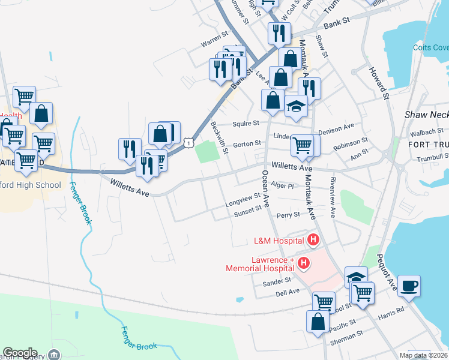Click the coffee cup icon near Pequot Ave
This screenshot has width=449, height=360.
409,286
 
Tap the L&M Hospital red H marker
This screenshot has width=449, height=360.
313,241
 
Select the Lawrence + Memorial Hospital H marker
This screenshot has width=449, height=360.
304,263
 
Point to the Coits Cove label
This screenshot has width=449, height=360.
430,47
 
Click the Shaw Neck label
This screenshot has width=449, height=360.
426,114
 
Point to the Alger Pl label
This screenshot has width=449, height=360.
282,186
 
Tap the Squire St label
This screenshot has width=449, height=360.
246,124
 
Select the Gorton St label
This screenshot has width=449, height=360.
247,144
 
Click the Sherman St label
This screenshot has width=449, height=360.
348,339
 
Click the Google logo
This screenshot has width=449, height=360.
20,353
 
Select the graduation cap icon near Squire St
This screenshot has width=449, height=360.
296,106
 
